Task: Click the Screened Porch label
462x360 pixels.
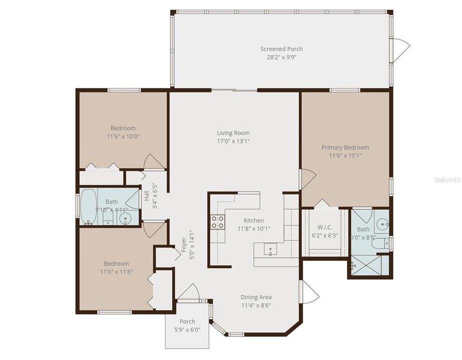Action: pos(281,49)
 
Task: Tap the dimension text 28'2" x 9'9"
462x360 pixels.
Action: pos(281,57)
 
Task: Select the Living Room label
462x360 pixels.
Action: pos(233,133)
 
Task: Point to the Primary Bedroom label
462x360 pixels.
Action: pos(345,147)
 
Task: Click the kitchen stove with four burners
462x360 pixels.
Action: pos(217,221)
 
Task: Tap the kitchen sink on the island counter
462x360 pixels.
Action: pos(270,248)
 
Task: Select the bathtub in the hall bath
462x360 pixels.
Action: pos(88,207)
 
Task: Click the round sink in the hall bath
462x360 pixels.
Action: pos(127,217)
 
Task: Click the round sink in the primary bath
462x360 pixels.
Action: pos(383,224)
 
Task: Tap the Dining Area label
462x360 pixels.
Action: pos(256,297)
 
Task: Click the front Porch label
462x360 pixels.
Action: pos(187,321)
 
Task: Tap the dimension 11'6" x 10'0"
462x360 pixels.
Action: pos(123,136)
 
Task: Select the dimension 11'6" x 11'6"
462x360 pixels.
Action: pos(116,271)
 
